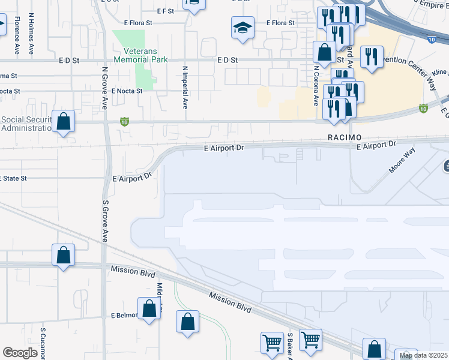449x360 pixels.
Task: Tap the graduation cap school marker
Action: click(x=243, y=28)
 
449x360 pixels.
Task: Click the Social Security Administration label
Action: click(x=26, y=124)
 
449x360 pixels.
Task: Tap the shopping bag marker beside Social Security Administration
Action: click(x=64, y=122)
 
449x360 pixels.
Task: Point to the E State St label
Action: click(x=13, y=178)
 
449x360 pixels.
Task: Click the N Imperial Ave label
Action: click(x=185, y=87)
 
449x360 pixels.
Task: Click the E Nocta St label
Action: click(x=127, y=91)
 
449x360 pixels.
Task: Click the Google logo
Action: click(x=20, y=353)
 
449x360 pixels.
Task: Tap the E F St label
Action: click(x=165, y=11)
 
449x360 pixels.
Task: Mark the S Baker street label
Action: click(x=289, y=346)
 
